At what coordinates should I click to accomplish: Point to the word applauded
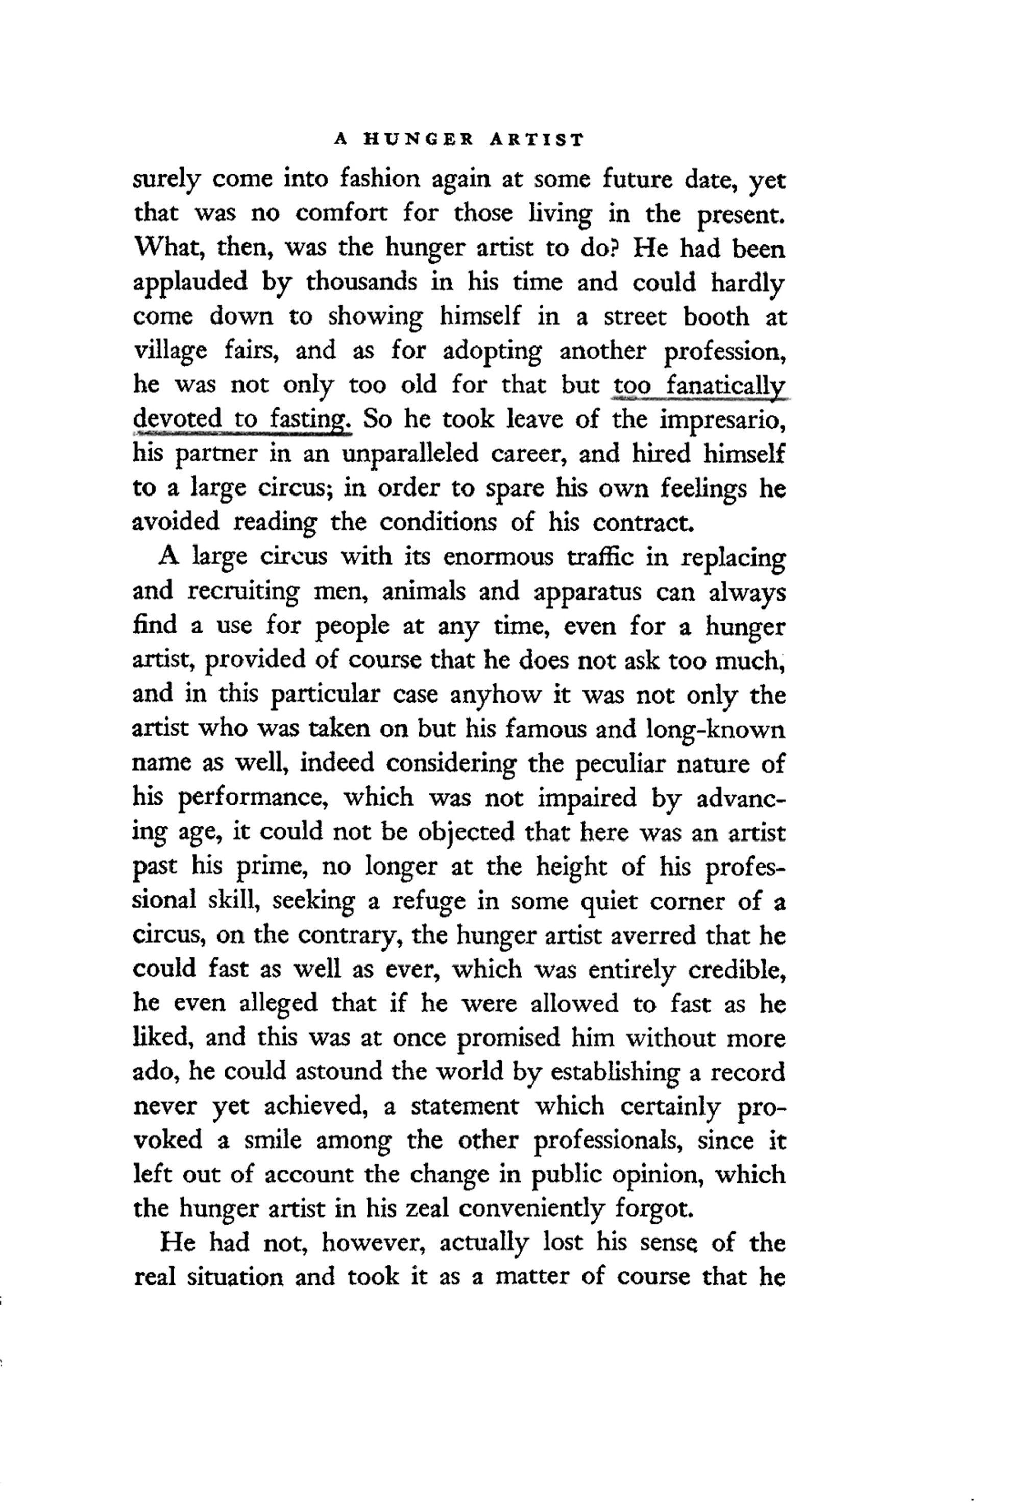pyautogui.click(x=190, y=282)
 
